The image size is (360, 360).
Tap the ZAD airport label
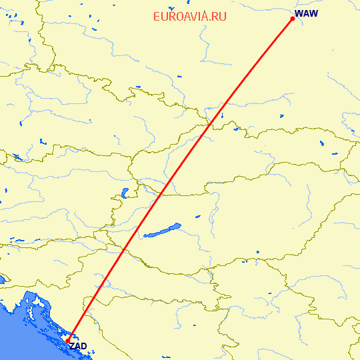78,346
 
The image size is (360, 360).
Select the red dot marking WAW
293,19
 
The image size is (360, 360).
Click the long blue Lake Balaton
162,230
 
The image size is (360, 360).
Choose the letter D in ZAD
84,346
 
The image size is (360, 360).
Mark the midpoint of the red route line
180,180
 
